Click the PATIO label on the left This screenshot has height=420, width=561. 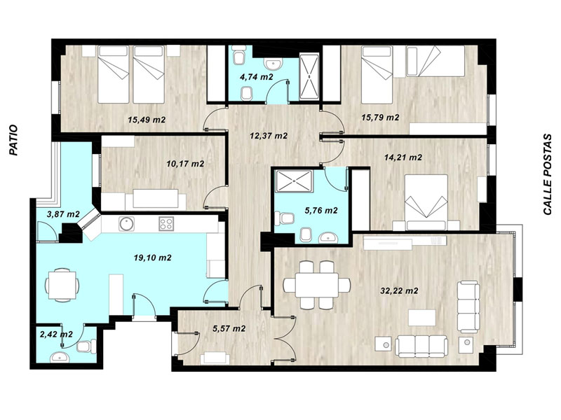coord(13,139)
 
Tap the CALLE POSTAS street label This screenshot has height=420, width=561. coord(548,174)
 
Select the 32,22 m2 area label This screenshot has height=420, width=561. coord(399,290)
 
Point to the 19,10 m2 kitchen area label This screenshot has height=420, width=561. coord(152,258)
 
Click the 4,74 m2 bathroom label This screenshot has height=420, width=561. coord(257,76)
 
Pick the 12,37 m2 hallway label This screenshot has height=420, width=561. coord(269,136)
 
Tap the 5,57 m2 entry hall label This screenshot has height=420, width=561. coord(229,328)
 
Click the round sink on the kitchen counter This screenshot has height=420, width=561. coord(126,224)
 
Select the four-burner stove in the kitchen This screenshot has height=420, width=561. coord(166,223)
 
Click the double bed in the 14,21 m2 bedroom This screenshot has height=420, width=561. coord(426,202)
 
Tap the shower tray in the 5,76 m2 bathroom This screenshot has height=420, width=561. coord(294,181)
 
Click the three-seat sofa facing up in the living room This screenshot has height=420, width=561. coord(421,346)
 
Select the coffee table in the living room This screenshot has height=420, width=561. coord(422,318)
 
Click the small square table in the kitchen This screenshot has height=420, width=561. coord(62,285)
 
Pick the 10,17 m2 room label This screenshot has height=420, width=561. coord(185,164)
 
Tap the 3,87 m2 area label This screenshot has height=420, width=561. coord(63,214)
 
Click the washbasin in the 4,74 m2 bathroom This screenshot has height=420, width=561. coord(273,64)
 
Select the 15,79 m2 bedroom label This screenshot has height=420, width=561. coord(380,117)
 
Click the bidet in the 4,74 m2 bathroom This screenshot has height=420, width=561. coord(247,94)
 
